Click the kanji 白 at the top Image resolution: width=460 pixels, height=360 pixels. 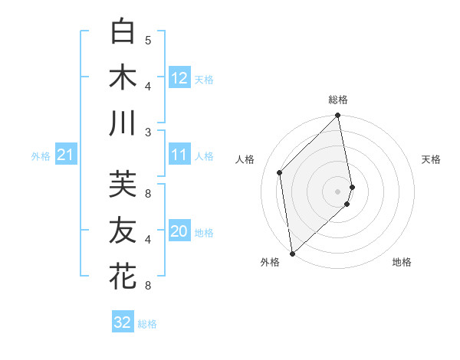123,31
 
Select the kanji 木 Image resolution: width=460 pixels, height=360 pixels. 123,77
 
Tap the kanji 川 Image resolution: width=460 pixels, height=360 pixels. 123,123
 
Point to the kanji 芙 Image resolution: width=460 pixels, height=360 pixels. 123,184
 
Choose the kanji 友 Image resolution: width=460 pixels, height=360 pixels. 123,230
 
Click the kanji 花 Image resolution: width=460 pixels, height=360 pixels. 123,277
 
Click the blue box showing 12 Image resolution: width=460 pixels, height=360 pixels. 179,78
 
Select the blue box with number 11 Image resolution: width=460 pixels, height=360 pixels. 179,155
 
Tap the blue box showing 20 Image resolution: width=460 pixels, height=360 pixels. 179,232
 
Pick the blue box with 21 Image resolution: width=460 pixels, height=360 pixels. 65,155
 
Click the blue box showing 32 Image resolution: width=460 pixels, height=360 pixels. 123,322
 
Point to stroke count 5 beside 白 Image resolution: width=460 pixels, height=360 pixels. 148,40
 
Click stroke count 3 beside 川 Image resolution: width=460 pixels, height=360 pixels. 148,132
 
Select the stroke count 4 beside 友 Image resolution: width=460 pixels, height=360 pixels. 148,240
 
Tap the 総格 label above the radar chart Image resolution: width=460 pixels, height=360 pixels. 338,100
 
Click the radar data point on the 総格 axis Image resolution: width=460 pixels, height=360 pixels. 338,116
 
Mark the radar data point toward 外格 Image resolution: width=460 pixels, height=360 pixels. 292,253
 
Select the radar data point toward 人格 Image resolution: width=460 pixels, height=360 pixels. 280,172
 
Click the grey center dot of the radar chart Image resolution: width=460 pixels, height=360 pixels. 337,191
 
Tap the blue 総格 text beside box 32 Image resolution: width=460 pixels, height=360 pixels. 148,323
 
